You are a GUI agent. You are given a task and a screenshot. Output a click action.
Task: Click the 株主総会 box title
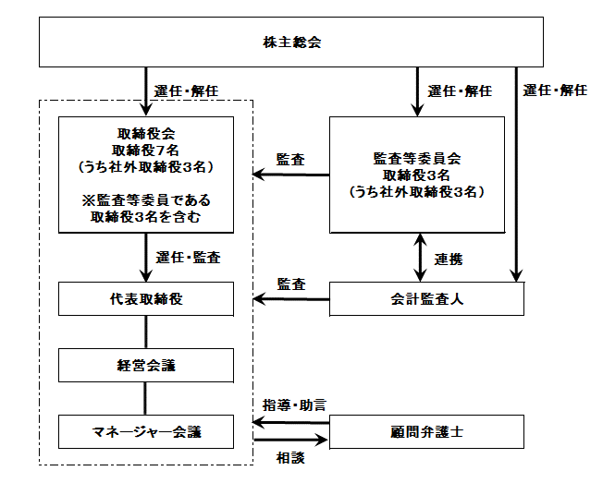point(292,42)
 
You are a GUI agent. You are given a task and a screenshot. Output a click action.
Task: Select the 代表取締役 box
point(146,298)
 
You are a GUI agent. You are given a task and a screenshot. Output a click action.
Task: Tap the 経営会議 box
point(146,365)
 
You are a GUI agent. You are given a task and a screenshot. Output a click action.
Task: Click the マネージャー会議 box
point(146,431)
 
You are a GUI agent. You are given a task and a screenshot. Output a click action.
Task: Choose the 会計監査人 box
point(427,298)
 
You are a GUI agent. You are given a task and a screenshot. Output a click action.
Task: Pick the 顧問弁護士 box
point(427,431)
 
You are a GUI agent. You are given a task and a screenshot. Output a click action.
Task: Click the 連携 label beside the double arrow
point(449,260)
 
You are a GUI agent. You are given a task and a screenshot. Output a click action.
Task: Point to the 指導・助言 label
point(294,405)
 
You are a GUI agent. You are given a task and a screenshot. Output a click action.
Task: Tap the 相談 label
point(290,458)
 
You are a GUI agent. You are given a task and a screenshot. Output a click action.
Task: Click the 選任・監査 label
point(188,258)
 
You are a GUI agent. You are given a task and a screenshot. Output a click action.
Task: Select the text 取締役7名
point(146,151)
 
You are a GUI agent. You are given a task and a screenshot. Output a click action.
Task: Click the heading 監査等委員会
point(417,159)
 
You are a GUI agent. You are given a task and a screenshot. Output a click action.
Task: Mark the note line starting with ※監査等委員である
point(146,200)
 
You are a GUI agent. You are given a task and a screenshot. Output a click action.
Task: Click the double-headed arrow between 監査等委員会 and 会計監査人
point(420,258)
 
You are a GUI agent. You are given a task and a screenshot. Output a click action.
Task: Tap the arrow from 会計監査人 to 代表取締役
point(291,299)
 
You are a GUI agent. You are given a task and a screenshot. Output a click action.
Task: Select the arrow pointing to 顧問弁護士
point(290,440)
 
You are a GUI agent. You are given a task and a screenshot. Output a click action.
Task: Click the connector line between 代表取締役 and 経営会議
point(146,332)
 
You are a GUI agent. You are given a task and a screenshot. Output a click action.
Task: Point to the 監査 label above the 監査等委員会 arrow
point(290,160)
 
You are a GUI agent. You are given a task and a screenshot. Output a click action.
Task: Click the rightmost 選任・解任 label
point(555,91)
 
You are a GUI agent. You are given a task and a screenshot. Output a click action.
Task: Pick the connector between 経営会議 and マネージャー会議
point(145,399)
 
